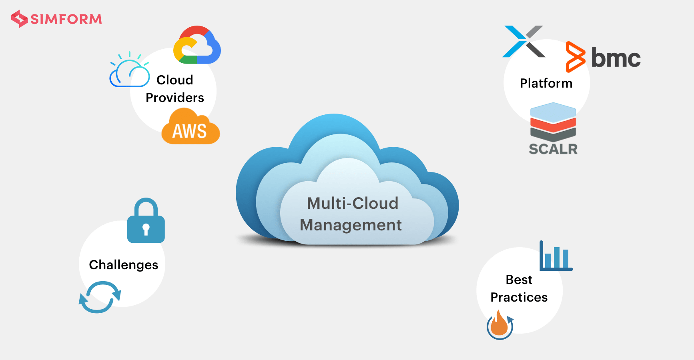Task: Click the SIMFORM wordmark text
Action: (66, 19)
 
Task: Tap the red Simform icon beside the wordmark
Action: (19, 19)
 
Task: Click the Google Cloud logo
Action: (197, 46)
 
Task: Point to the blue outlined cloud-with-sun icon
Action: (129, 71)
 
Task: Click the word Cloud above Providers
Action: (175, 80)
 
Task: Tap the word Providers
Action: (175, 98)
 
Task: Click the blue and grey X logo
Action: (524, 42)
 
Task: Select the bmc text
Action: (616, 58)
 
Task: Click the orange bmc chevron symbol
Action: (575, 57)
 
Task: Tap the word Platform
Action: (546, 83)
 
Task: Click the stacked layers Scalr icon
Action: (553, 122)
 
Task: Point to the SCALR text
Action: (553, 149)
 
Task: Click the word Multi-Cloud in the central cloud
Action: (352, 203)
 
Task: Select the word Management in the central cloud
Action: (351, 225)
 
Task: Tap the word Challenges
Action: (123, 265)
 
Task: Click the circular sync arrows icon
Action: (100, 297)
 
